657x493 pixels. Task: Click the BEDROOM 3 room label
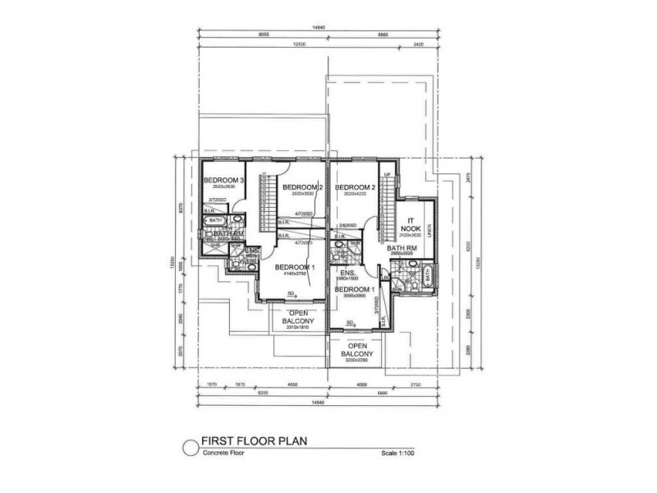click(x=224, y=180)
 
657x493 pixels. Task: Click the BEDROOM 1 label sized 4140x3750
click(x=294, y=268)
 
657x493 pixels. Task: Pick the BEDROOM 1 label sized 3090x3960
click(x=355, y=290)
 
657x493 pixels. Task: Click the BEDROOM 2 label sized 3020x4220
click(x=355, y=187)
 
